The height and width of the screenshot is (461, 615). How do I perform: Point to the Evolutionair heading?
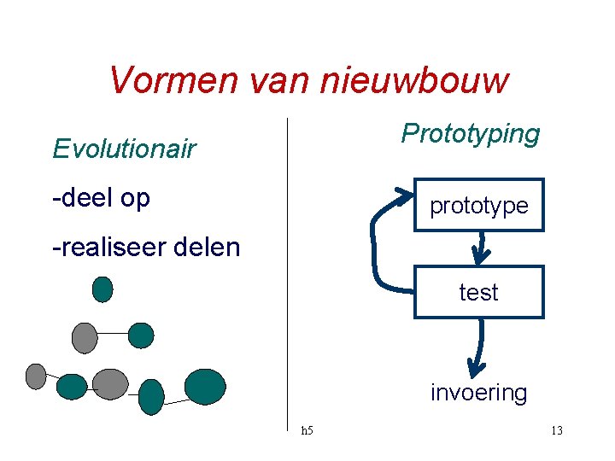[124, 149]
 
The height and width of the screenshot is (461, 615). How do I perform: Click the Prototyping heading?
[471, 134]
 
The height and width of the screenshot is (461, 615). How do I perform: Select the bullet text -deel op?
[101, 198]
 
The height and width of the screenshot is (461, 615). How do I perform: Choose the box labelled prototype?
[478, 205]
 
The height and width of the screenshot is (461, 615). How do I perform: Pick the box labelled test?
[478, 292]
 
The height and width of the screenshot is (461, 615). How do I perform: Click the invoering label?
[478, 393]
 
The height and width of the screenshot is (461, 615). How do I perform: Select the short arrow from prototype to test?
[481, 248]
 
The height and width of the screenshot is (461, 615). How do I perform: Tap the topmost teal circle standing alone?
[102, 289]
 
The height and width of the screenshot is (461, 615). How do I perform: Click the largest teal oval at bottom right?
[205, 386]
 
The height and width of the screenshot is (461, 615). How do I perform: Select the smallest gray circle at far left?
[36, 376]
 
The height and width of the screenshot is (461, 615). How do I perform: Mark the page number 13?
[556, 430]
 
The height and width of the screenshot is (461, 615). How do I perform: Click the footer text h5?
[307, 430]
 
